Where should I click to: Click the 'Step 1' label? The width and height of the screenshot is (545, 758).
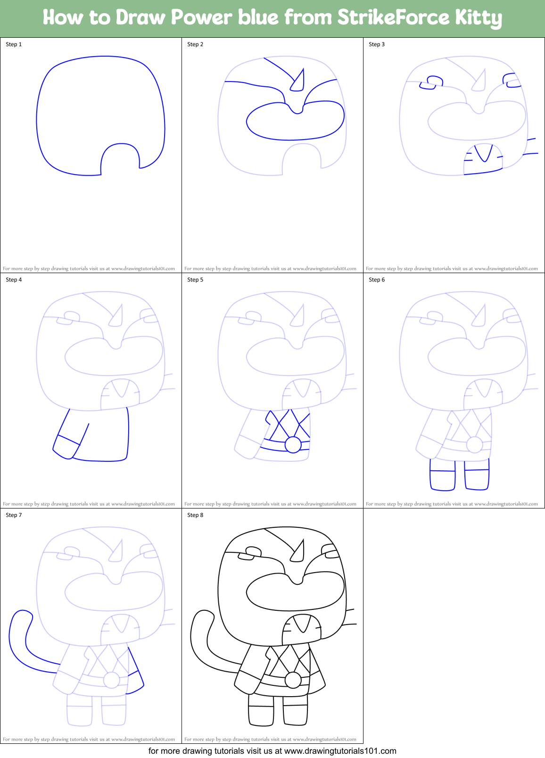click(x=14, y=44)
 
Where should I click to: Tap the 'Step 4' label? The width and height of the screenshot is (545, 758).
click(x=14, y=280)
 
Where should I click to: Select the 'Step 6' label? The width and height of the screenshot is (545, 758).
click(x=377, y=280)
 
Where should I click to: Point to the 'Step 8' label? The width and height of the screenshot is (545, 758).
click(x=195, y=515)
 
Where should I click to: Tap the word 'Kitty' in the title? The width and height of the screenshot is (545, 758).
click(x=478, y=18)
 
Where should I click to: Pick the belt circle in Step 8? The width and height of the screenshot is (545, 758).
click(x=293, y=680)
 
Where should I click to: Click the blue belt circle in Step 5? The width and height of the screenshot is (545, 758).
click(x=293, y=445)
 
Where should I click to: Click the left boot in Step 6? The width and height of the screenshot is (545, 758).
click(x=443, y=475)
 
